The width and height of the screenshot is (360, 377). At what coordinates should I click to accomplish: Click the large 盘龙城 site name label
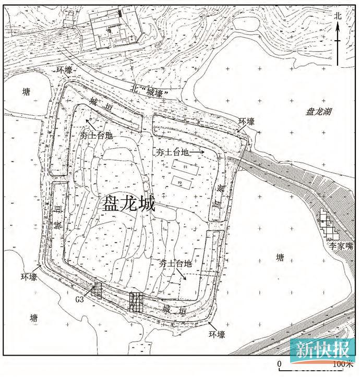(x=129, y=203)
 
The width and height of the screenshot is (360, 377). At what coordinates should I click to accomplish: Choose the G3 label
(x=80, y=299)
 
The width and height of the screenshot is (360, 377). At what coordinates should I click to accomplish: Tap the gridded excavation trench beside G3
(x=95, y=290)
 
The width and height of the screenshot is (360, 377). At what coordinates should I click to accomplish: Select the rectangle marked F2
(x=181, y=181)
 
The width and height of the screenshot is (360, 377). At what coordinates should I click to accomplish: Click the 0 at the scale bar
(x=279, y=363)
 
